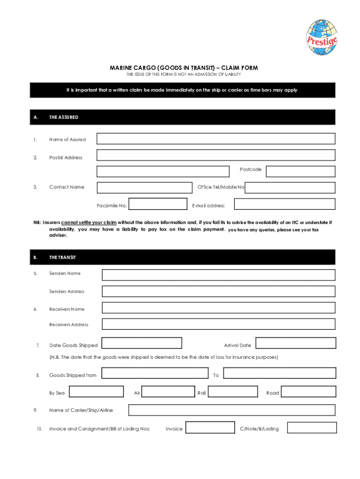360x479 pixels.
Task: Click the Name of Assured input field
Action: (216, 139)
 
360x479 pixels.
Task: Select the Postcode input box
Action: (300, 172)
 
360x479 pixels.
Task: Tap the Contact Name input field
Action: (144, 187)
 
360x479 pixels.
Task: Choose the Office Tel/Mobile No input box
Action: (290, 188)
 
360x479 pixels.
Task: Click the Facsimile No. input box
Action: (158, 204)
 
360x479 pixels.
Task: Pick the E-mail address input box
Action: (284, 204)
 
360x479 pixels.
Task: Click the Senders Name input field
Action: (218, 275)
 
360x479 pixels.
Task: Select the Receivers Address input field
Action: (218, 324)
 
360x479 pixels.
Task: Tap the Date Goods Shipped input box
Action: (142, 343)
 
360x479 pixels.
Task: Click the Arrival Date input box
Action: (295, 343)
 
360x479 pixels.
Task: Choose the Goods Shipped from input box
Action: (155, 373)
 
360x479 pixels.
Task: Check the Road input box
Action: (308, 392)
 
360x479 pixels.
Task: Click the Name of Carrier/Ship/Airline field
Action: (231, 410)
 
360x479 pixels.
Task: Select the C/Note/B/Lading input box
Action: (311, 428)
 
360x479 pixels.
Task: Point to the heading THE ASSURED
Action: (64, 117)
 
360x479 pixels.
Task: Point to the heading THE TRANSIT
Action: (63, 258)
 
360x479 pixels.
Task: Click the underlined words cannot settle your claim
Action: (88, 222)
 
